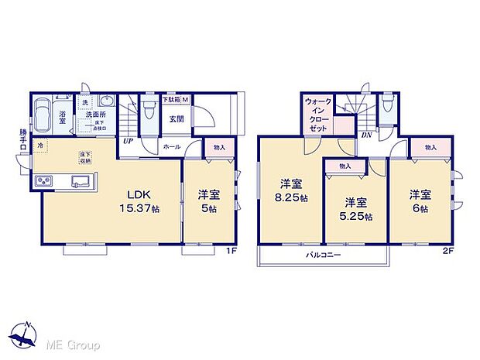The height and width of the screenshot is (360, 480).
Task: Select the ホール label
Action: [x=172, y=146]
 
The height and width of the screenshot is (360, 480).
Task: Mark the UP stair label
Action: [x=125, y=142]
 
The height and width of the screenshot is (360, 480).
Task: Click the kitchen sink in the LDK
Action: [x=81, y=182]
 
